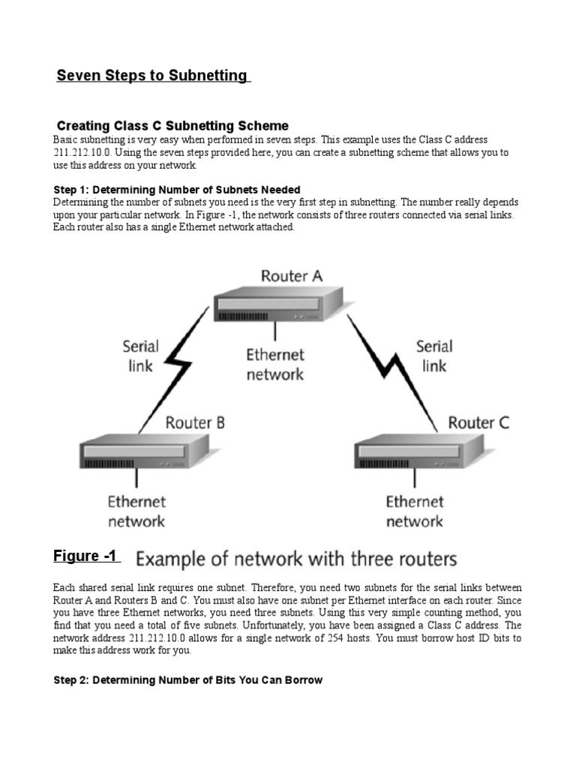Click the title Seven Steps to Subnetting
coord(153,76)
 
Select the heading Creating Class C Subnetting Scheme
coord(172,125)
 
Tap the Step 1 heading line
coord(177,190)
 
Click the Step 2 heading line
coord(187,680)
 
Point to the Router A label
coord(291,276)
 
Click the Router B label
coord(195,422)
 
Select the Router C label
coord(478,422)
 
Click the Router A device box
coord(278,304)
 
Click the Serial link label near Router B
coord(140,355)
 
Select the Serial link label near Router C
coord(434,355)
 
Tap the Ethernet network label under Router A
coord(275,364)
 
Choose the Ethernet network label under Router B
coord(136,511)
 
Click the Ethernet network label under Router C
coord(415,511)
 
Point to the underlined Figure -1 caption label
coord(85,556)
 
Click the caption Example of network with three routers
coord(295,559)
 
